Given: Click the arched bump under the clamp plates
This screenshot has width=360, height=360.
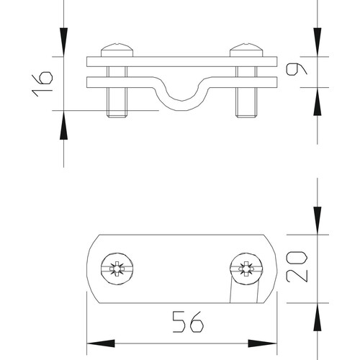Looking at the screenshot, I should (x=181, y=97).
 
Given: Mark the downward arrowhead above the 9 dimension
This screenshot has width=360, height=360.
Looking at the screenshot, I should (x=318, y=40).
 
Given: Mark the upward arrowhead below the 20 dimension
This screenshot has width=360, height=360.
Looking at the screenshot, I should (x=318, y=317).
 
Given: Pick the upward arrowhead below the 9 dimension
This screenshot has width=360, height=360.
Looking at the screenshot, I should (x=318, y=101).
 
